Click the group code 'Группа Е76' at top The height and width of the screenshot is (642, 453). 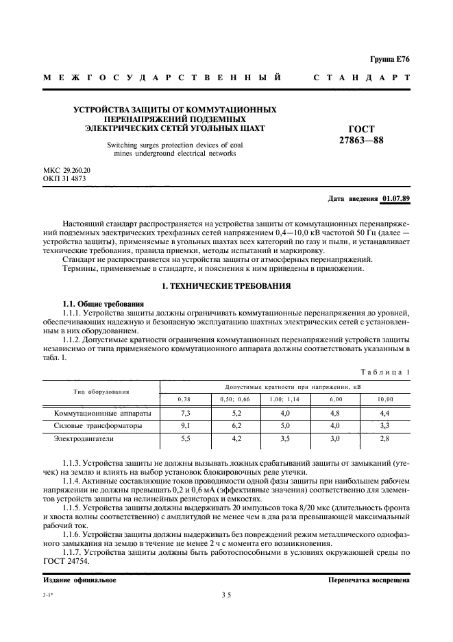(x=391, y=60)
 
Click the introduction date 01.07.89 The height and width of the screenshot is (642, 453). (x=395, y=199)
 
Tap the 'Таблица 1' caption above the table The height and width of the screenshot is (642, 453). (x=384, y=371)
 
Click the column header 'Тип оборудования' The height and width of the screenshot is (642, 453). (x=101, y=392)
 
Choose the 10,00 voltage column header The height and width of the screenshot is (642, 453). (x=385, y=399)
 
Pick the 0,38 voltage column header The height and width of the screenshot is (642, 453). (x=184, y=399)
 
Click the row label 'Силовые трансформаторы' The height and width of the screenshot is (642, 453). (x=98, y=425)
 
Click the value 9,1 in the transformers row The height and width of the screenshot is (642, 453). (x=184, y=425)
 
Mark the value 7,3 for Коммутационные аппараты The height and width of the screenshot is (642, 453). (x=184, y=414)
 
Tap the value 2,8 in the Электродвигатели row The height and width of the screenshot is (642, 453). (x=385, y=438)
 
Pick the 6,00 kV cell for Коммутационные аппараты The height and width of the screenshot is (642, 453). (x=335, y=414)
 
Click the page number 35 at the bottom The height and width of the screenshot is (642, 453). (x=225, y=596)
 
